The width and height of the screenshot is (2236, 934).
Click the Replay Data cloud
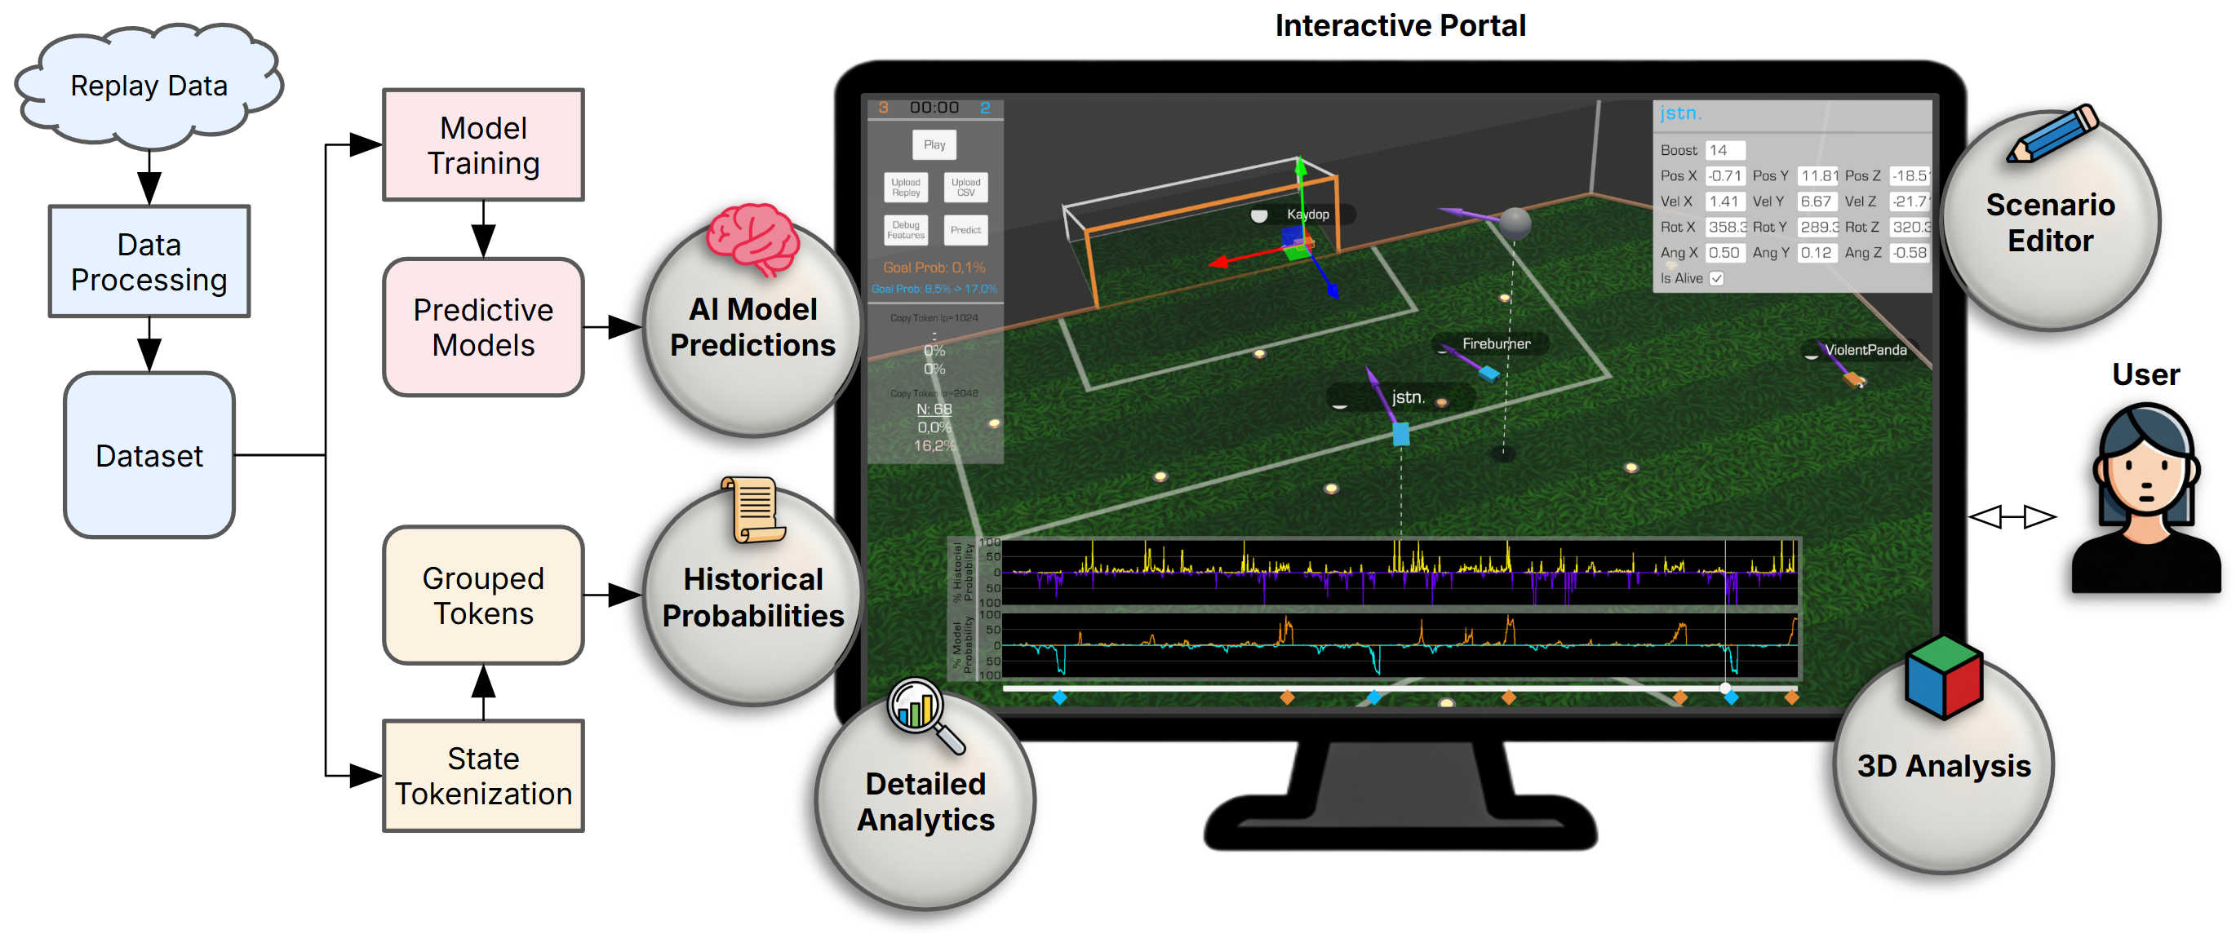149,86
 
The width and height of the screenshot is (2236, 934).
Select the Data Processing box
149,261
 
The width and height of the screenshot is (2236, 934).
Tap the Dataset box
149,455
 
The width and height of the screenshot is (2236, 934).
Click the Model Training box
483,145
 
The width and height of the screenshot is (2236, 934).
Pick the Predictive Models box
483,326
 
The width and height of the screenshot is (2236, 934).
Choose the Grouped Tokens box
483,595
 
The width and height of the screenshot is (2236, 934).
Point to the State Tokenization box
483,775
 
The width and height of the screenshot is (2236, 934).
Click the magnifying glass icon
922,713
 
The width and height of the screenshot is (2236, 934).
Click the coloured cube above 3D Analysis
1944,678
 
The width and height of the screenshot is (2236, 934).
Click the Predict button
965,230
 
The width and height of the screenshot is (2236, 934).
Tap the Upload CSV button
965,188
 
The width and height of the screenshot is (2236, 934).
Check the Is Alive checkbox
1716,279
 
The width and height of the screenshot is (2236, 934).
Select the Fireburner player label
1496,343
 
